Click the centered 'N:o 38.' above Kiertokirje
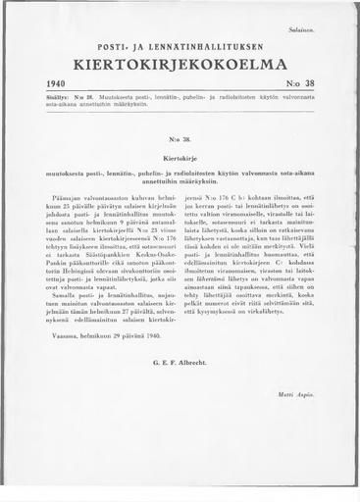pyautogui.click(x=180, y=138)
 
